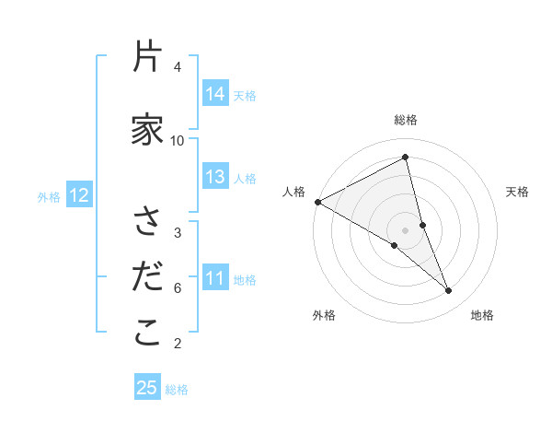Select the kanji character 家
[x=147, y=130]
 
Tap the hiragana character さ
[x=147, y=221]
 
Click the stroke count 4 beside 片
[x=178, y=67]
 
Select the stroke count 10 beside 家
[x=178, y=140]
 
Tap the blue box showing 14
[x=215, y=94]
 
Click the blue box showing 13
[x=215, y=177]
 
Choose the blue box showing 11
[x=215, y=278]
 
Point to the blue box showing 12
[x=78, y=195]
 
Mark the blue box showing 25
[x=147, y=388]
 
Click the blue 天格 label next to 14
[x=245, y=95]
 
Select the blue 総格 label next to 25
[x=177, y=390]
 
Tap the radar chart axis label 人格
[x=294, y=192]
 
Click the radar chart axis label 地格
[x=482, y=315]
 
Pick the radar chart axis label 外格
[x=324, y=315]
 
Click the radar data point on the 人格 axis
[x=317, y=202]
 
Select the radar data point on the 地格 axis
[x=449, y=291]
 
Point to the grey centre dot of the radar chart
[x=405, y=229]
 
